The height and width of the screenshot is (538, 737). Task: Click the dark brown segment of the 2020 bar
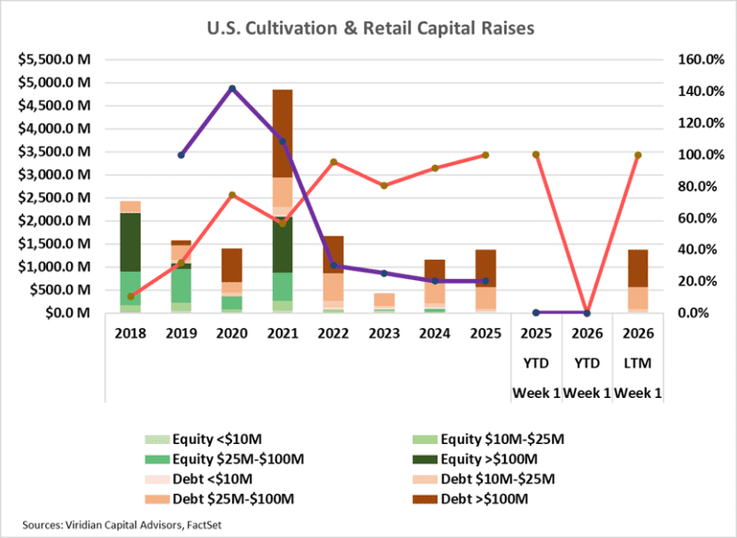pyautogui.click(x=231, y=264)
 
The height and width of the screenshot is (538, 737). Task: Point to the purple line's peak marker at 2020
pyautogui.click(x=231, y=88)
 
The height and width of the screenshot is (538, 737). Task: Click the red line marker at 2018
pyautogui.click(x=130, y=297)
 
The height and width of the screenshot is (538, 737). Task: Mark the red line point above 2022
pyautogui.click(x=333, y=162)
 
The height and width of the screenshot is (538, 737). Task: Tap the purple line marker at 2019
pyautogui.click(x=181, y=155)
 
